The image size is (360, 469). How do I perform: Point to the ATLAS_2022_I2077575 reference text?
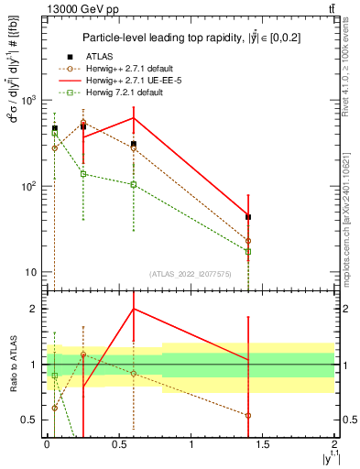[191, 273]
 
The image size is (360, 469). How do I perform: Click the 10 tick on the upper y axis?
[32, 272]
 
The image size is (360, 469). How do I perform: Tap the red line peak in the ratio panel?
[134, 309]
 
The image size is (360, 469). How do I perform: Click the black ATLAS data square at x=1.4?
[249, 217]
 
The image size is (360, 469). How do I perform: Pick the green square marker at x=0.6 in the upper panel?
[134, 184]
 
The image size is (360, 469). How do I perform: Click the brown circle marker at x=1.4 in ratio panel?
[249, 415]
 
